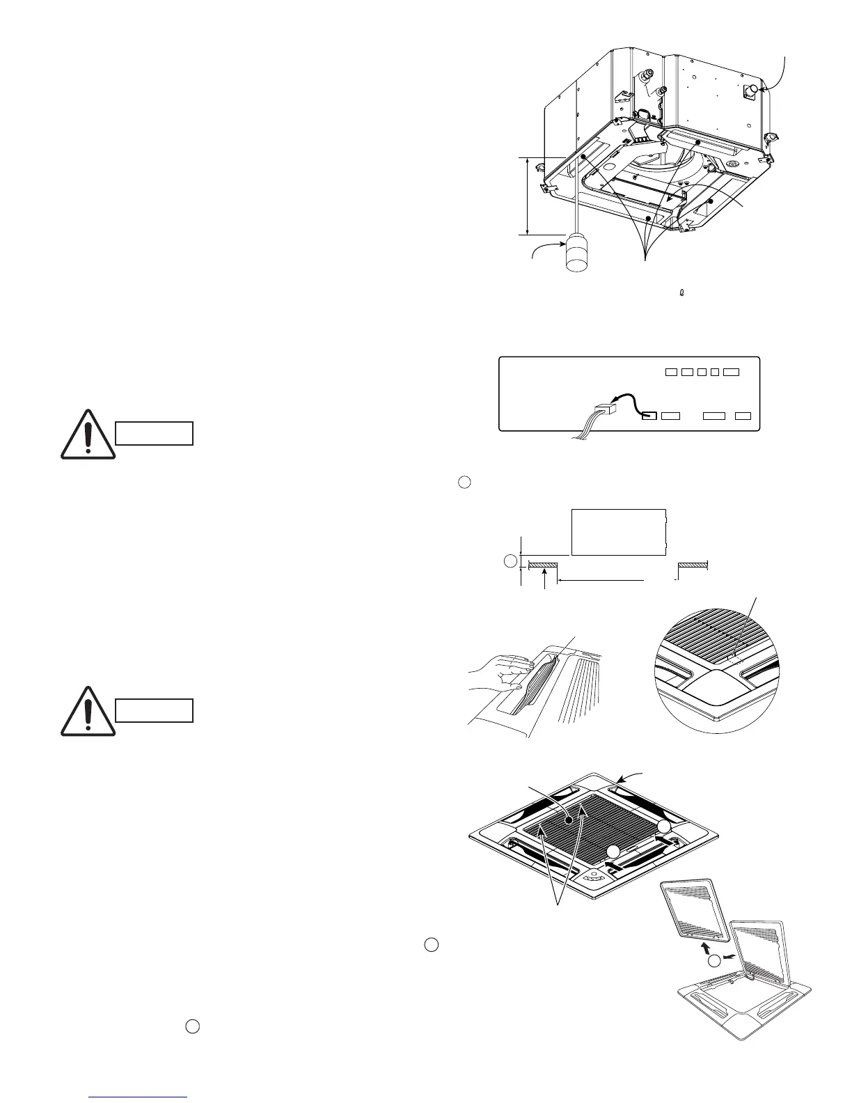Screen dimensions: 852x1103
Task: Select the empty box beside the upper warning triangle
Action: tap(153, 433)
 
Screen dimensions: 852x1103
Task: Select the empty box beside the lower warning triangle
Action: tap(153, 711)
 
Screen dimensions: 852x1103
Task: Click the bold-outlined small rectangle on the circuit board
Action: tap(648, 416)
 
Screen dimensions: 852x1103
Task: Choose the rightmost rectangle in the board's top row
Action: tap(731, 372)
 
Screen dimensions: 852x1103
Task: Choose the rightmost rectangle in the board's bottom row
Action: tap(743, 416)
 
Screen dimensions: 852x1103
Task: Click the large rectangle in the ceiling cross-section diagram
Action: tap(618, 532)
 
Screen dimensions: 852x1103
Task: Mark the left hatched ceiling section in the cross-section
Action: tap(543, 564)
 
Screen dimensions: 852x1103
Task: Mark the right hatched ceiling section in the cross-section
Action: tap(693, 564)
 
